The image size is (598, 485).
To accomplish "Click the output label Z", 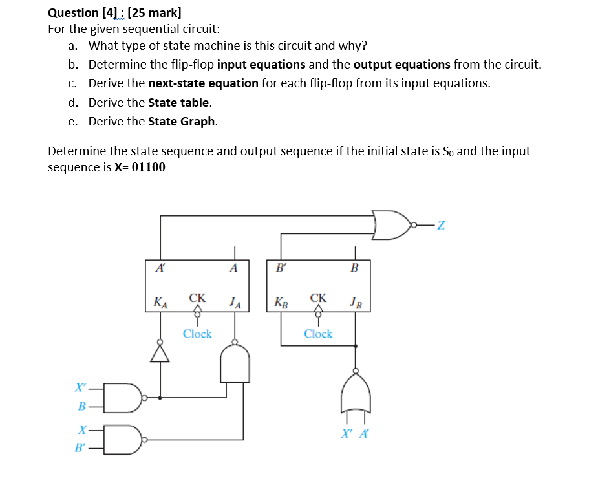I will [x=440, y=225].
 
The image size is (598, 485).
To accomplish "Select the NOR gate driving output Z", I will [x=391, y=224].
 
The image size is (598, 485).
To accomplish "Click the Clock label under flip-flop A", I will [x=197, y=334].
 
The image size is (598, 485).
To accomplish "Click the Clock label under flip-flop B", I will [x=318, y=334].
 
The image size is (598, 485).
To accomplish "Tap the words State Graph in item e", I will [x=182, y=122].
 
